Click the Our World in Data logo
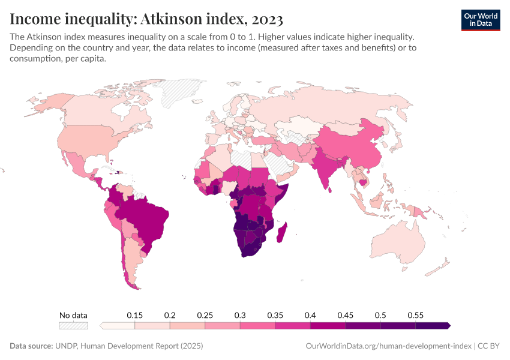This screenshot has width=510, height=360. [480, 19]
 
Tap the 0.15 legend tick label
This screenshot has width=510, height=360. [134, 315]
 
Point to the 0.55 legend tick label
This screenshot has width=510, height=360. [415, 315]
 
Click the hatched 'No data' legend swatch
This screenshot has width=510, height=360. [73, 326]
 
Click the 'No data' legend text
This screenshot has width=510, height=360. [73, 315]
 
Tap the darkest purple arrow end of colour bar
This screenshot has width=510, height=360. [447, 326]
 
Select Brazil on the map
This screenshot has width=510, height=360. [147, 219]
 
